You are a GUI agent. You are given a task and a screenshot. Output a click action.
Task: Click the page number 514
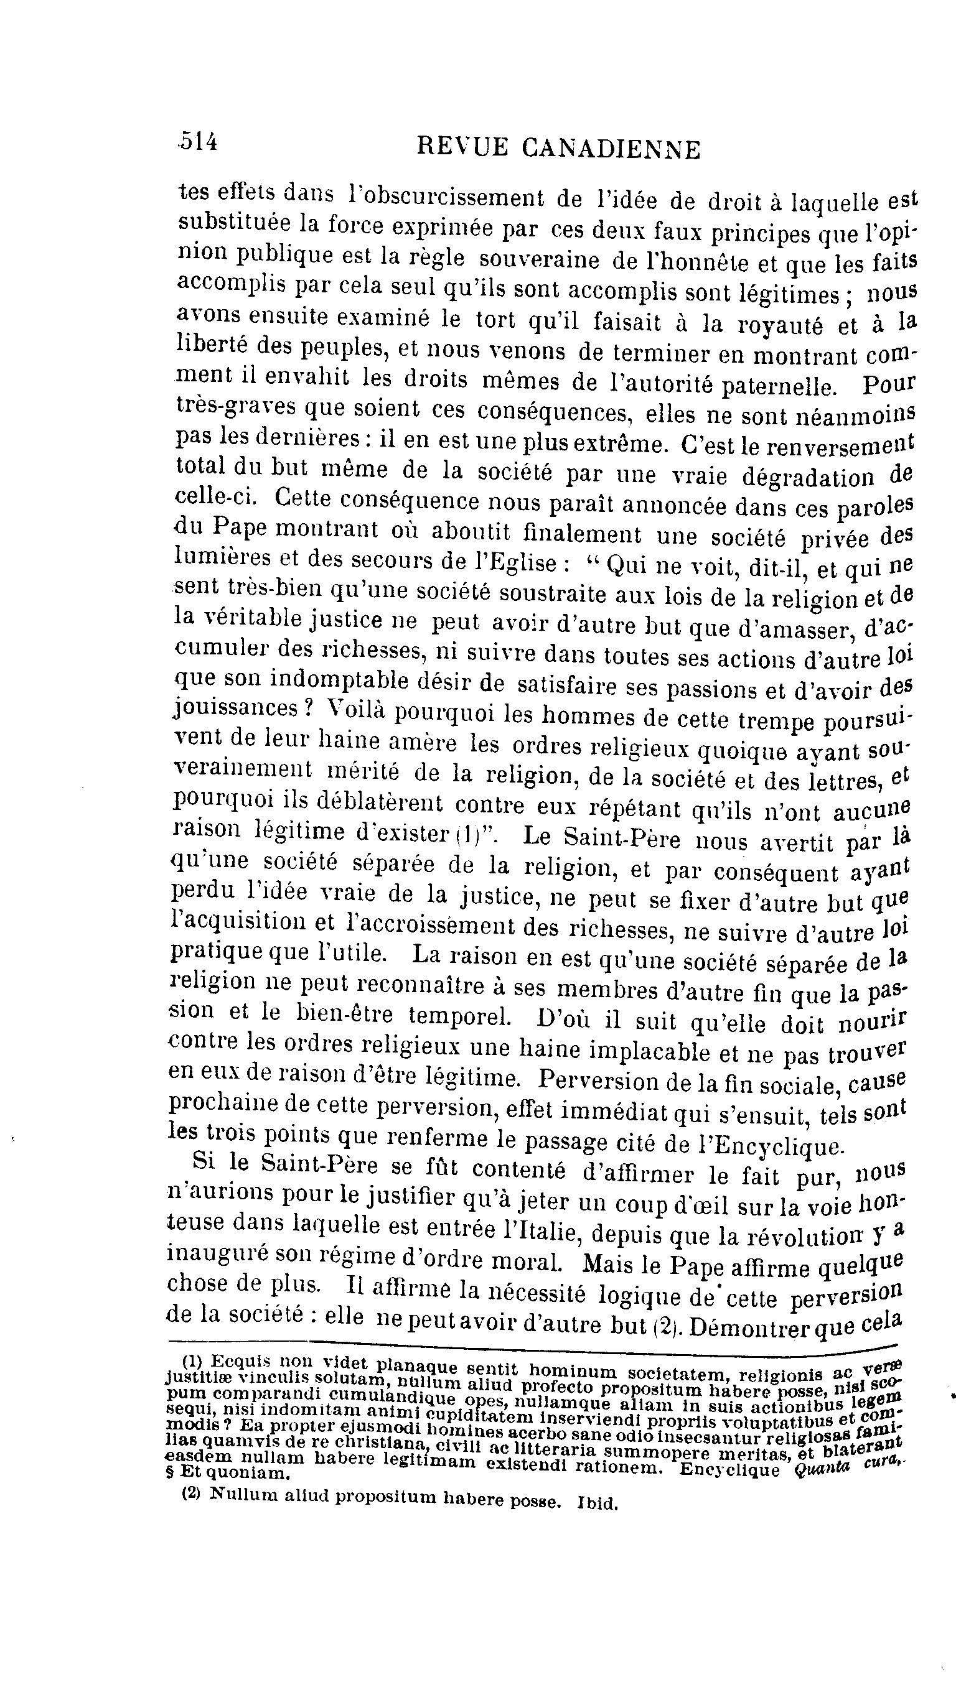pos(198,142)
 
